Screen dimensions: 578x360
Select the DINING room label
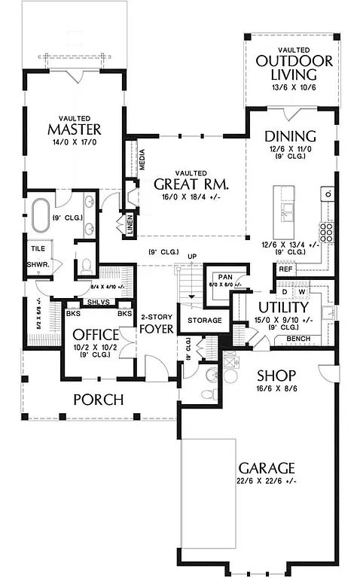pos(290,136)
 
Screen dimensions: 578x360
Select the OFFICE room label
pos(96,334)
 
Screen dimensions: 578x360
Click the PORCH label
pos(99,400)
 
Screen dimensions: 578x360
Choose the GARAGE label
pos(267,468)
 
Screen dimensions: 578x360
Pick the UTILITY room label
pos(283,308)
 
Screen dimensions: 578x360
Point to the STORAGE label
pos(205,321)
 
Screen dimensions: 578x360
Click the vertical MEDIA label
pos(142,161)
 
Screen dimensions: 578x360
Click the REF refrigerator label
pos(285,269)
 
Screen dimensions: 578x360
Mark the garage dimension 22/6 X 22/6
pos(267,482)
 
